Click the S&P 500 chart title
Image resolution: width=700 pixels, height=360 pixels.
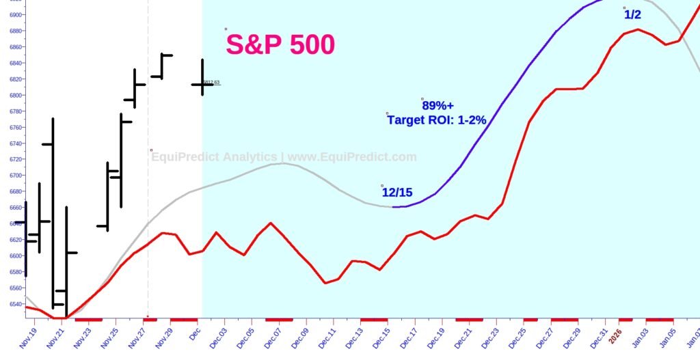(x=280, y=45)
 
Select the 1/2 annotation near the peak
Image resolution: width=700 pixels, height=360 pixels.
(x=632, y=14)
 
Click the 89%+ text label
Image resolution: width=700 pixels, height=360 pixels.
(x=437, y=106)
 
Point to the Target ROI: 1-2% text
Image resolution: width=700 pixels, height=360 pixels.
(x=436, y=120)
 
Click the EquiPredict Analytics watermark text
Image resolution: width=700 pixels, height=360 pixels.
(x=283, y=157)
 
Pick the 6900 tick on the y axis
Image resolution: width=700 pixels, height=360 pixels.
(x=16, y=14)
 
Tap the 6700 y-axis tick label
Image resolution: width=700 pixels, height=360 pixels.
(x=16, y=176)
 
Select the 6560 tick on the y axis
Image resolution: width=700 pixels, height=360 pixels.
(x=16, y=288)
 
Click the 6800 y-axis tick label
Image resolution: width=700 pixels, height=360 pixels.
(x=16, y=95)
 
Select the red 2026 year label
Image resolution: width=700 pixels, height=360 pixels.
(x=616, y=335)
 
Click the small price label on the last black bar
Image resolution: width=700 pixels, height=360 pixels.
(x=211, y=83)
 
